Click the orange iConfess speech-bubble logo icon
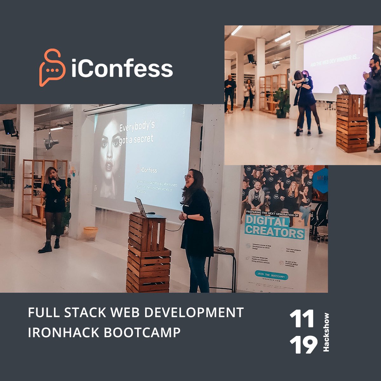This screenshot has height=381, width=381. (52, 68)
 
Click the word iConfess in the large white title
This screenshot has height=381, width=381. (122, 68)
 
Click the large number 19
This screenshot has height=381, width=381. (303, 344)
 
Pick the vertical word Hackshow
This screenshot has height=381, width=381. (326, 332)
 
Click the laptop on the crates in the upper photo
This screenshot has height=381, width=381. (345, 89)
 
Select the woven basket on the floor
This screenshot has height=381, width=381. (90, 234)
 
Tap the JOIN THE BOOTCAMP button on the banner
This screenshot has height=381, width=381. (271, 275)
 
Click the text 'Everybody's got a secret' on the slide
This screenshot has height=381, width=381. (137, 132)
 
